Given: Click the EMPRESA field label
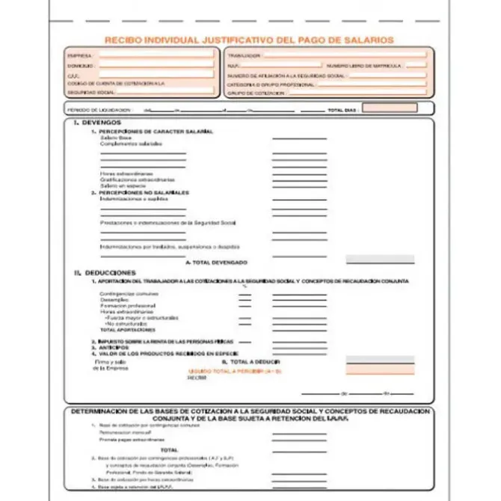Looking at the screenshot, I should pos(79,56).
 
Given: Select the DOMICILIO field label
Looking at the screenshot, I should pos(80,66).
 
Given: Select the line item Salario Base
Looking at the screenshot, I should pos(114,138).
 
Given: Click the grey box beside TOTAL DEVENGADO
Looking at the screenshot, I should pos(379,259).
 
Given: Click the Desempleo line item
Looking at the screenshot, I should pos(113,300).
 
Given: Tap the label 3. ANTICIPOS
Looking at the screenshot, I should pos(106,347).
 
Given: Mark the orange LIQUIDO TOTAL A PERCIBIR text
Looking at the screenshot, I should pos(224,370).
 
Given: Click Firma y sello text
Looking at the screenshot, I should pos(108,361).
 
